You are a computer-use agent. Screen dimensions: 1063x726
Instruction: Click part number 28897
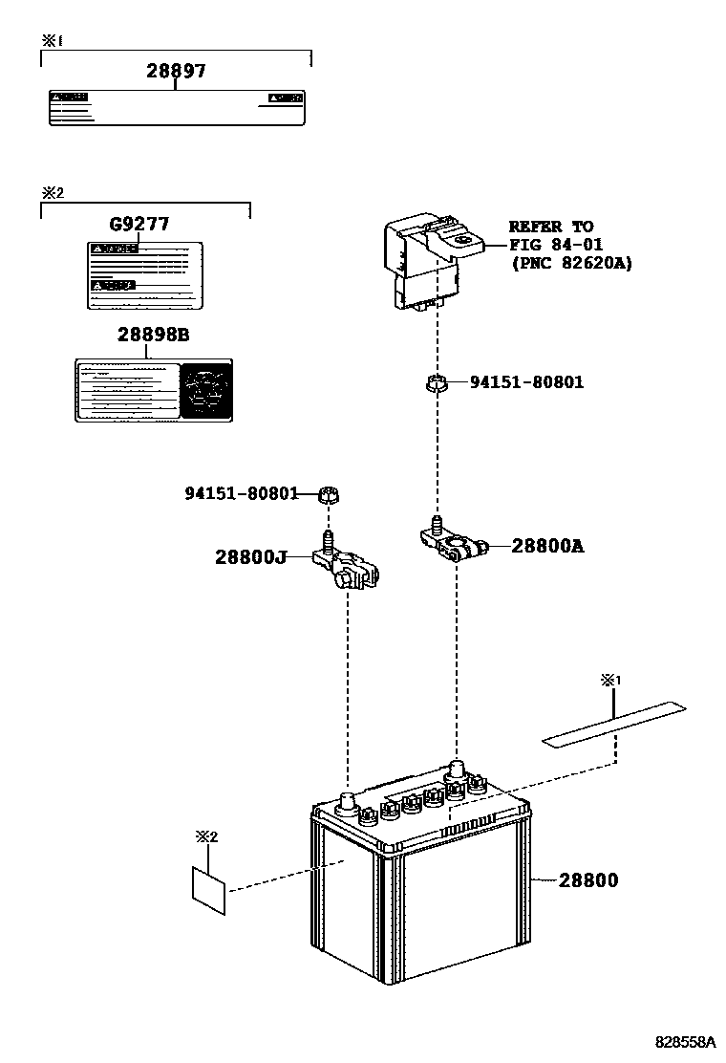point(176,71)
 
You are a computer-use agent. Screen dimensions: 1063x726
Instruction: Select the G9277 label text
point(139,225)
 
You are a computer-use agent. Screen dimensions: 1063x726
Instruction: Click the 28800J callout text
point(250,556)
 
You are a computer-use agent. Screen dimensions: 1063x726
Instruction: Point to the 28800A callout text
point(547,546)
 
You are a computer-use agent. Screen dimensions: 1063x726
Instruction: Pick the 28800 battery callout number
point(589,879)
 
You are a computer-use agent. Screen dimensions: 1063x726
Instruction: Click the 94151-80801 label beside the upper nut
point(526,382)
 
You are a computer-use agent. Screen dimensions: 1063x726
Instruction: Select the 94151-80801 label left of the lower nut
point(241,493)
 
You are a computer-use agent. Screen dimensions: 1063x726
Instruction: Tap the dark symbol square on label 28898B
point(206,390)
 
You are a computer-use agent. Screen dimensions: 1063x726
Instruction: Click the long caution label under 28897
point(177,108)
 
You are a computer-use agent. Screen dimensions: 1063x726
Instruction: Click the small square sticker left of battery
point(210,889)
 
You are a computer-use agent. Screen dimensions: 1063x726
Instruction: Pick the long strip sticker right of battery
point(615,724)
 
